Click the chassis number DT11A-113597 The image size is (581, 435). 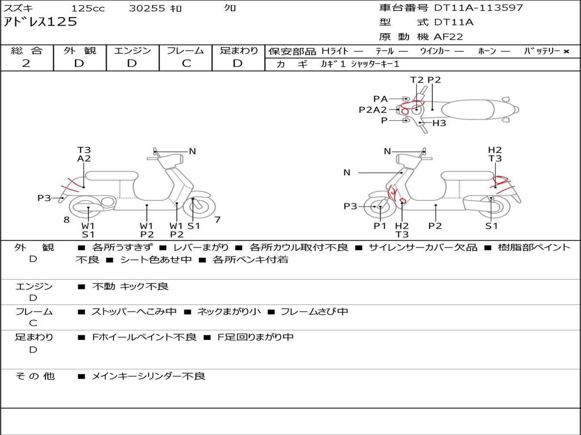pyautogui.click(x=478, y=8)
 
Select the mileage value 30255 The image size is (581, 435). pyautogui.click(x=147, y=8)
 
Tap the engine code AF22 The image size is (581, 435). pyautogui.click(x=448, y=37)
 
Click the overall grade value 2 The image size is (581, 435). pyautogui.click(x=26, y=63)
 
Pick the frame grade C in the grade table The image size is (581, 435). pyautogui.click(x=186, y=63)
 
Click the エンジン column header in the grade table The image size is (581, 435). pyautogui.click(x=132, y=50)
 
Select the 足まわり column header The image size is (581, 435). pyautogui.click(x=239, y=50)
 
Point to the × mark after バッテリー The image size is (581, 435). pyautogui.click(x=566, y=52)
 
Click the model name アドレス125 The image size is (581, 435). pyautogui.click(x=40, y=22)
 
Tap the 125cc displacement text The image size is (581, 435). pyautogui.click(x=88, y=8)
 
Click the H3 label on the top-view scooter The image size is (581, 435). pyautogui.click(x=439, y=123)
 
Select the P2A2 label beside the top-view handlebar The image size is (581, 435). pyautogui.click(x=372, y=110)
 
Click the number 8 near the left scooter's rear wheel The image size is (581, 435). pyautogui.click(x=66, y=219)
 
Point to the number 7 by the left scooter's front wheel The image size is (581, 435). pyautogui.click(x=217, y=219)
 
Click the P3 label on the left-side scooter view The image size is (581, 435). pyautogui.click(x=44, y=198)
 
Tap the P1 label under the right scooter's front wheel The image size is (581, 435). pyautogui.click(x=380, y=226)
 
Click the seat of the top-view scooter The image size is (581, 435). pyautogui.click(x=469, y=109)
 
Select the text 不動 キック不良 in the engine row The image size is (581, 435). pyautogui.click(x=130, y=287)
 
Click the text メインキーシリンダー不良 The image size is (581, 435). pyautogui.click(x=148, y=376)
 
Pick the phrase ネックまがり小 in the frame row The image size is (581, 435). pyautogui.click(x=229, y=312)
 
